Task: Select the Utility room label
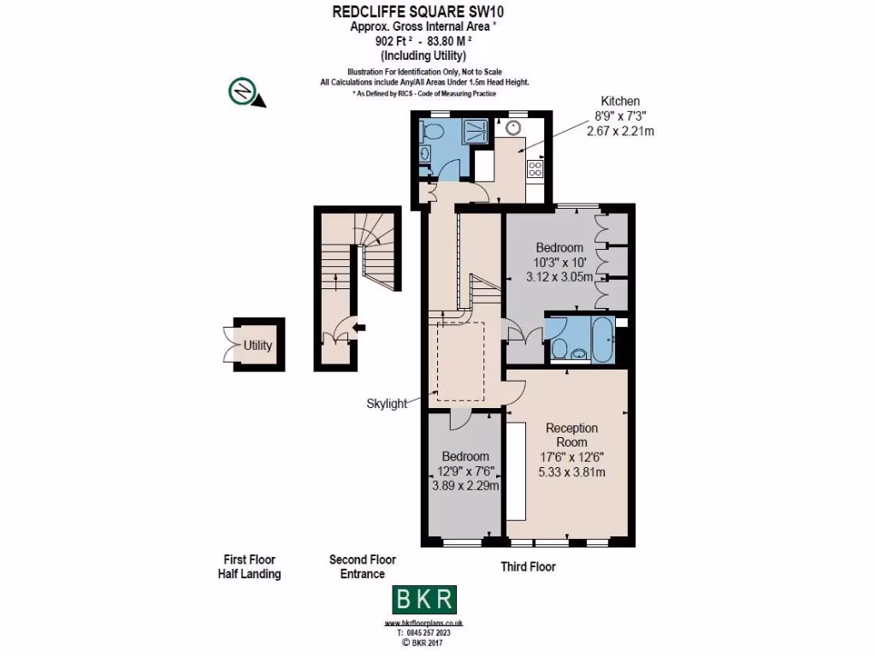[257, 346]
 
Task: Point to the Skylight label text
[387, 404]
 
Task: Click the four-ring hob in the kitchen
[536, 169]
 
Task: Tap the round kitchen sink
[513, 128]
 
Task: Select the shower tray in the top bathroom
[475, 133]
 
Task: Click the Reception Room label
[571, 435]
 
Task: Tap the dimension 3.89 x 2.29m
[465, 485]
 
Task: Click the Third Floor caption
[528, 566]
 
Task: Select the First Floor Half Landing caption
[249, 567]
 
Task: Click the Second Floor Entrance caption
[362, 567]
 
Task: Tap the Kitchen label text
[619, 101]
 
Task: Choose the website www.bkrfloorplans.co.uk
[424, 623]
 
